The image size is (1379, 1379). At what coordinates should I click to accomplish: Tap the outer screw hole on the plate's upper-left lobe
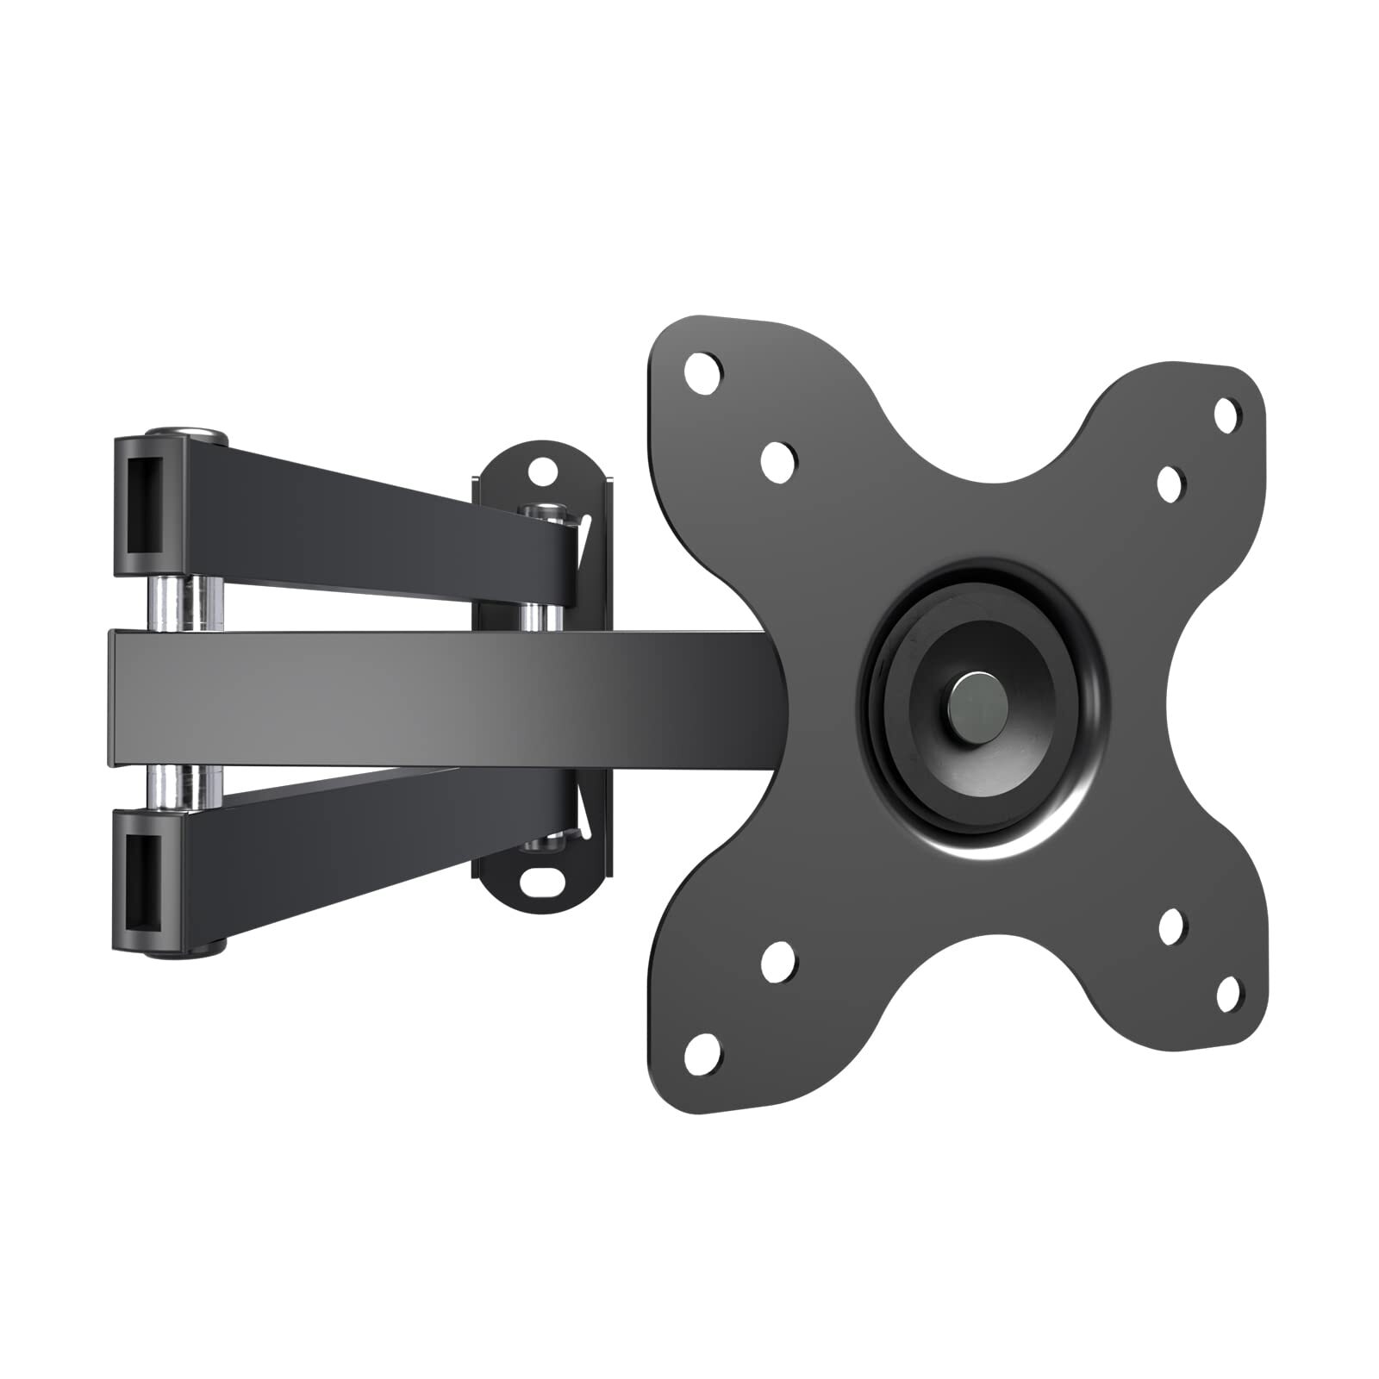tap(703, 372)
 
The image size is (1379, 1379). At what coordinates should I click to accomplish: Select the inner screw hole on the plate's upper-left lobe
tap(778, 456)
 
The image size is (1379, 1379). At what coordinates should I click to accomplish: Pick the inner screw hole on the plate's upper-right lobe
tap(1170, 484)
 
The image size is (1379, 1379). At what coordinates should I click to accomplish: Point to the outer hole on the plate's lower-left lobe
tap(704, 1049)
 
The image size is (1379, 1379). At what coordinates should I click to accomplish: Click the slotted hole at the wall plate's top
tap(541, 471)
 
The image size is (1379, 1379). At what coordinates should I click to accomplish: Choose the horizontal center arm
tap(431, 696)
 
